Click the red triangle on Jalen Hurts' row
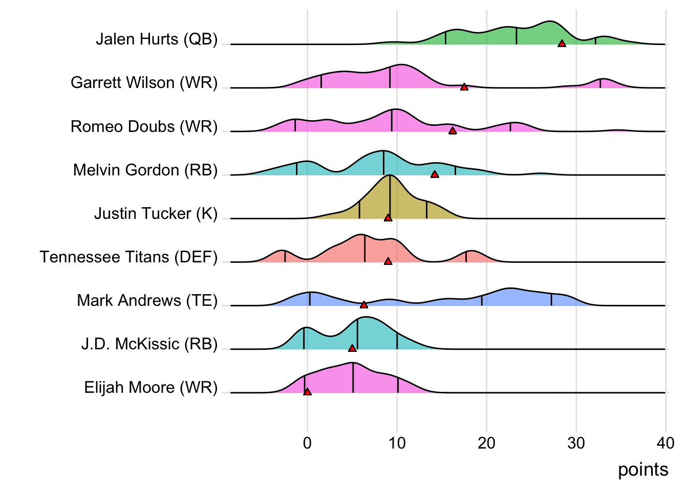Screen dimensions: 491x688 click(562, 44)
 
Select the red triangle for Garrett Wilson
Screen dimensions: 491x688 click(464, 87)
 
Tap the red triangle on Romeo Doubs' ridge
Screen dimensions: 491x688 click(453, 131)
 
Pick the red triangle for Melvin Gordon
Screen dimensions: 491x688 click(435, 174)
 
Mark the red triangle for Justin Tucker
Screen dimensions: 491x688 click(388, 218)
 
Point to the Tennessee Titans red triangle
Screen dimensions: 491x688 click(388, 261)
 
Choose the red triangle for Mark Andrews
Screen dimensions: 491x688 click(363, 305)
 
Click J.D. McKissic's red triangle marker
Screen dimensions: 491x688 click(352, 348)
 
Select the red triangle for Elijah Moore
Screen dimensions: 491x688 click(307, 392)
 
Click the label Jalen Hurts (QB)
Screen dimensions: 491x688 click(157, 39)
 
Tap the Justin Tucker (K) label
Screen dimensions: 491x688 click(156, 213)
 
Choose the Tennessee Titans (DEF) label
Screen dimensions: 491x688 click(128, 257)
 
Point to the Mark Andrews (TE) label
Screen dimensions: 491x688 click(147, 300)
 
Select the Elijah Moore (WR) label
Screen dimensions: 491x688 click(151, 387)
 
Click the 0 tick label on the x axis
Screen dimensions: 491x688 click(307, 443)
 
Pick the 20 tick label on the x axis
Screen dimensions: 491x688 click(486, 443)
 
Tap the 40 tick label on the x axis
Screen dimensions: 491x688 click(665, 443)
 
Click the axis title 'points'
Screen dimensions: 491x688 click(643, 470)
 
